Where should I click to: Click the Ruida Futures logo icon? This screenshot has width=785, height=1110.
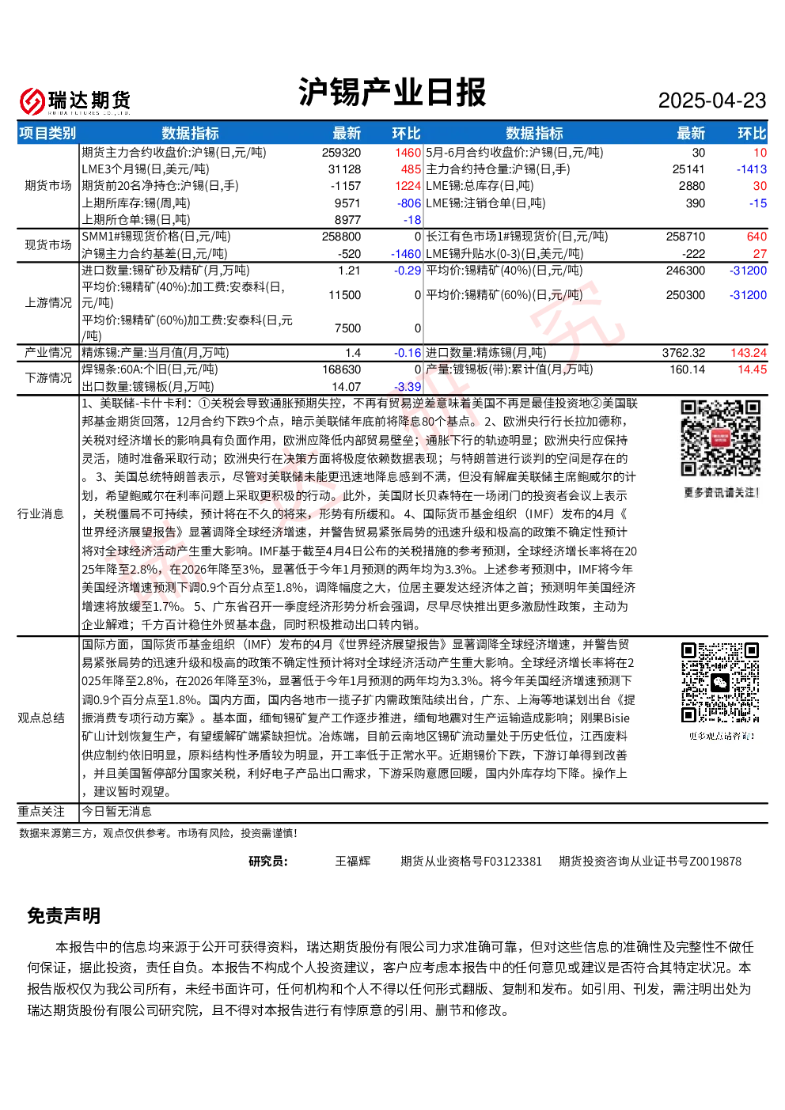click(x=32, y=101)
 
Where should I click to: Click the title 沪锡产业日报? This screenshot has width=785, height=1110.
click(x=392, y=92)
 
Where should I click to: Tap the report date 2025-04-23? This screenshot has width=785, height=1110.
click(x=711, y=100)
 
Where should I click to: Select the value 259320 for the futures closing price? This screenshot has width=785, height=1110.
click(x=341, y=153)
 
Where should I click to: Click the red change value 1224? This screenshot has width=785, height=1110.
click(x=408, y=186)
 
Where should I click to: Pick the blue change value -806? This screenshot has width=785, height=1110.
click(x=408, y=203)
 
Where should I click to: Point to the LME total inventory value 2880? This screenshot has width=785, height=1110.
click(x=692, y=186)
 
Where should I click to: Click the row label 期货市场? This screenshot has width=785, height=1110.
click(x=48, y=186)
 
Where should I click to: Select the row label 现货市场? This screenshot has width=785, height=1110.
click(x=48, y=244)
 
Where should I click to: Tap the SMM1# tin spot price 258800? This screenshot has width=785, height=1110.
click(x=341, y=237)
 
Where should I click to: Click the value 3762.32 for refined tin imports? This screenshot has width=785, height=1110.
click(x=684, y=353)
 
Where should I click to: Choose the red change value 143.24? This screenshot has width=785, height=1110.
click(x=749, y=353)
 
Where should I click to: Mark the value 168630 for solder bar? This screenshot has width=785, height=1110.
click(x=341, y=369)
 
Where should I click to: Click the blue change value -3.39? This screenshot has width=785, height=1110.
click(x=408, y=387)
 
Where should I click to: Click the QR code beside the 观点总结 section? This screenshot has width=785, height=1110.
click(x=720, y=682)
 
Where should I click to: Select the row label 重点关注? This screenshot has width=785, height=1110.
click(x=41, y=811)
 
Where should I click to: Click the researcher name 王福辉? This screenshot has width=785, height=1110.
click(x=352, y=862)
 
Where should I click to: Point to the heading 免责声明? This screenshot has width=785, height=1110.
click(x=64, y=915)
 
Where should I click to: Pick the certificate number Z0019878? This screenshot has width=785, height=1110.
click(x=715, y=862)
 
